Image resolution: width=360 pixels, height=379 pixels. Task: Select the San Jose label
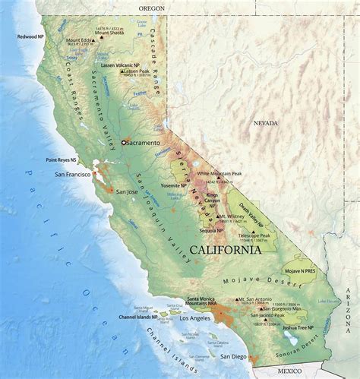[x=127, y=191]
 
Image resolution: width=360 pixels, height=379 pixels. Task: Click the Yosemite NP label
[x=175, y=185]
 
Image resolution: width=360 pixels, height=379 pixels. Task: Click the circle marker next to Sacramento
[x=124, y=142]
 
